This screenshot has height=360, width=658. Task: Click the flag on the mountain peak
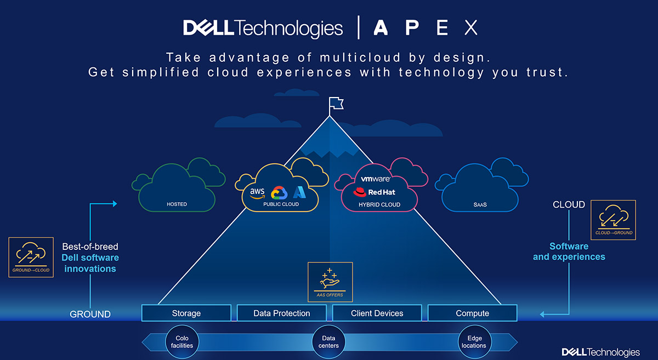point(336,104)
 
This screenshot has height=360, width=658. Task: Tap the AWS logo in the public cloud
point(257,193)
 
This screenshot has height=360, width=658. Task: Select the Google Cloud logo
point(279,193)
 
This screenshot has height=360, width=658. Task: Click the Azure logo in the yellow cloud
point(299,192)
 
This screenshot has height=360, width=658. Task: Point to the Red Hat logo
point(374,192)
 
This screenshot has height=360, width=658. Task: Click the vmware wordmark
point(376,179)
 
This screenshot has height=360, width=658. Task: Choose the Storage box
point(186,313)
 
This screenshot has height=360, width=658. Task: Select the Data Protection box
point(282,313)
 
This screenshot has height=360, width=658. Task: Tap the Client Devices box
point(377,313)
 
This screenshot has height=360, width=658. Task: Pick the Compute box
point(472,313)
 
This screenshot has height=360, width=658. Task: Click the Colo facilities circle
point(182,342)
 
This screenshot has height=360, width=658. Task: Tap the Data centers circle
point(328,342)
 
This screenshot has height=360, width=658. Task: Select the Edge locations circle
point(474,342)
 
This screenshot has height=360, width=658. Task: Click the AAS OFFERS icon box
point(330,282)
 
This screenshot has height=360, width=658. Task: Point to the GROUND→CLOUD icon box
point(31,257)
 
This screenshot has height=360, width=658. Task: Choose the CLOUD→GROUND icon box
point(614,220)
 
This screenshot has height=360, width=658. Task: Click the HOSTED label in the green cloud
point(177,204)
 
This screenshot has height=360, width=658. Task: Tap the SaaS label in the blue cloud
point(480,205)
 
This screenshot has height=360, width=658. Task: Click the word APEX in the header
point(426,27)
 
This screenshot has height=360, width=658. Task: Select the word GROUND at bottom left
point(90,314)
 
